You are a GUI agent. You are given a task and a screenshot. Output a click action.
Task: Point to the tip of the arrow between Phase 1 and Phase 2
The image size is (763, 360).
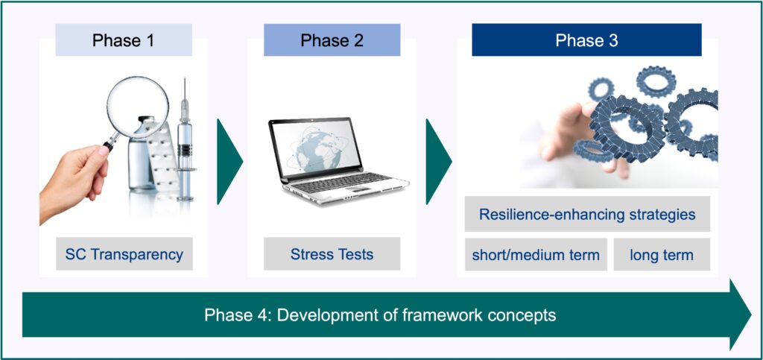click(243, 161)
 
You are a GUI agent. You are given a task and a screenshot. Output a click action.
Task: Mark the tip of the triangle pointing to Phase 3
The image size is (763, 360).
click(452, 161)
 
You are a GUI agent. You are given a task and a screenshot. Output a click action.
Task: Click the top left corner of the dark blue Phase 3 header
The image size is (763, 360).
click(472, 24)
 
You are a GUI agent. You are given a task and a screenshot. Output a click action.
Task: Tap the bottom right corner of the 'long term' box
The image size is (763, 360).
click(710, 271)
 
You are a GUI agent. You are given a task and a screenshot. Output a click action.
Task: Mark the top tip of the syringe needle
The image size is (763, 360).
click(185, 78)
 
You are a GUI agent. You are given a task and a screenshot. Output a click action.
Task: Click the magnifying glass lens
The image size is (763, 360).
click(138, 107)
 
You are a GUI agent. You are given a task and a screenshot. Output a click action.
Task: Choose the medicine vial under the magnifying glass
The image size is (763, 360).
click(141, 155)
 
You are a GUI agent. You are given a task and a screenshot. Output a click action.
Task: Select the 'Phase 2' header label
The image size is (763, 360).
click(332, 40)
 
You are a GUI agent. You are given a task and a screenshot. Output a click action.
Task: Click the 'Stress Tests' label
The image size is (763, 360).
click(332, 254)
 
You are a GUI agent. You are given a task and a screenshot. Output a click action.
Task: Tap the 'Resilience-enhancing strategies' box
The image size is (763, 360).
click(587, 214)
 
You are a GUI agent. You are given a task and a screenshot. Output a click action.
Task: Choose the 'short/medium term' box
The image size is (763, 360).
click(536, 254)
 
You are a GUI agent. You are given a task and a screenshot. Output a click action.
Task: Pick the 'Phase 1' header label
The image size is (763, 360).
click(124, 40)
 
